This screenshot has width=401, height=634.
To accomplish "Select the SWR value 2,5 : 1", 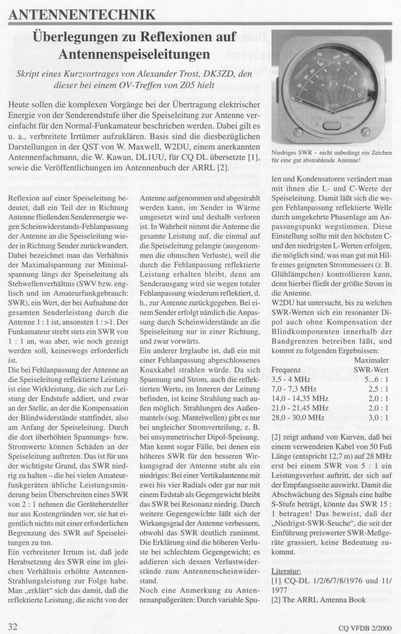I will (x=368, y=389).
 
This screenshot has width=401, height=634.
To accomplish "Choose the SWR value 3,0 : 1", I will (x=368, y=420).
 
